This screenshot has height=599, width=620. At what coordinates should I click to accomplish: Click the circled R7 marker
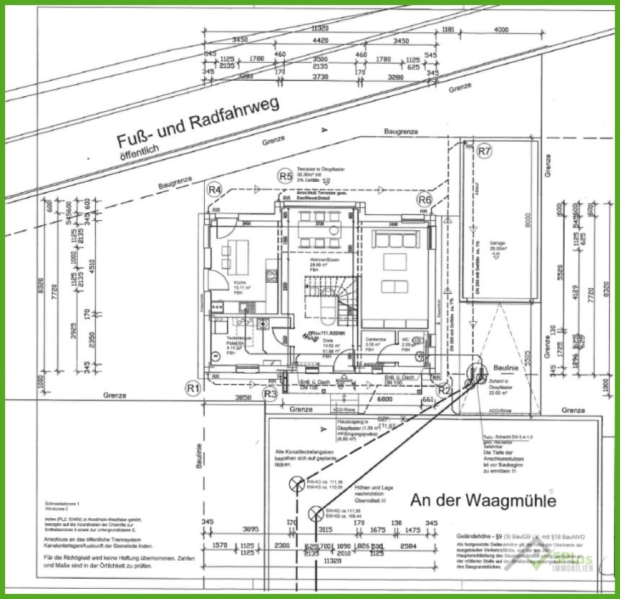(x=484, y=152)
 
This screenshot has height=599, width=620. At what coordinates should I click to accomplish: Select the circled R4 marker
(x=214, y=190)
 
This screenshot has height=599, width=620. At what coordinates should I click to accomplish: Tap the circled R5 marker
(x=285, y=175)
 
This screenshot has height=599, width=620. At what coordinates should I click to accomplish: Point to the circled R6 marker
(x=425, y=199)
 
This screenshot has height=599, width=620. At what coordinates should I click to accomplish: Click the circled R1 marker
(x=192, y=388)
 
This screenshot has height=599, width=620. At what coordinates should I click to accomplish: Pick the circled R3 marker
(x=270, y=393)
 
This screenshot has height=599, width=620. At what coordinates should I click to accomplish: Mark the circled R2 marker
(x=445, y=390)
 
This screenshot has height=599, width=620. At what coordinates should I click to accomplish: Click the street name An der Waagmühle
(x=482, y=500)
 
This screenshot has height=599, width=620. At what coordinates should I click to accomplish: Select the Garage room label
(x=497, y=244)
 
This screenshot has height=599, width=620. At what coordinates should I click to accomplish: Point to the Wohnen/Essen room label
(x=323, y=259)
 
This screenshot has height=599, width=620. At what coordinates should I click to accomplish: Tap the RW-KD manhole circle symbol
(x=296, y=485)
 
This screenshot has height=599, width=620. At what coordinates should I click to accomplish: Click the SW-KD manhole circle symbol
(x=315, y=514)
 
